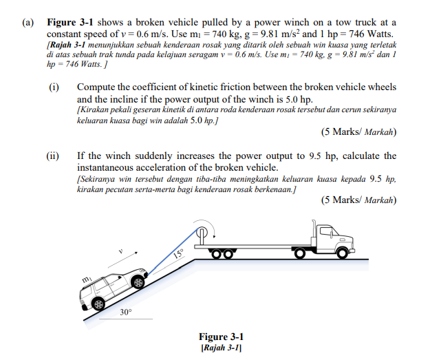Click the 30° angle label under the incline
[x=125, y=313]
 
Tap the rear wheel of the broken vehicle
[x=99, y=304]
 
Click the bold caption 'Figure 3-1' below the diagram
[x=221, y=337]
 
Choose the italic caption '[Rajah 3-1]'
[x=221, y=348]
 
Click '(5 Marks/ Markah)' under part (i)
[x=358, y=131]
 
